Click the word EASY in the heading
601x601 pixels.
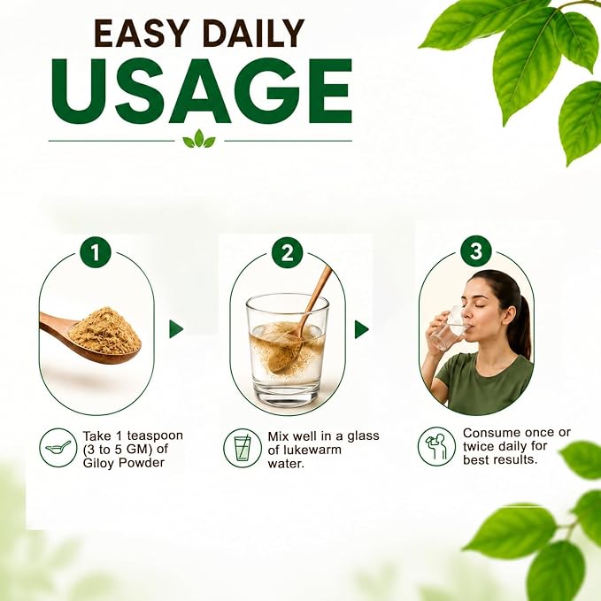[142, 33]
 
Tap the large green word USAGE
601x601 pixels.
[202, 91]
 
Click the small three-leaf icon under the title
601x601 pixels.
[199, 139]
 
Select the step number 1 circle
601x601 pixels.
[96, 252]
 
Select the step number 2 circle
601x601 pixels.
[287, 252]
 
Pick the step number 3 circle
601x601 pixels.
[476, 251]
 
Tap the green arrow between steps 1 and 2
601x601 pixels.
[176, 329]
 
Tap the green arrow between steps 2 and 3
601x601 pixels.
[361, 329]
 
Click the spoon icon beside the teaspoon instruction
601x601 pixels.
[58, 447]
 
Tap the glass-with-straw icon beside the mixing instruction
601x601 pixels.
[243, 448]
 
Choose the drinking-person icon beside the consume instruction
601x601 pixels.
[437, 446]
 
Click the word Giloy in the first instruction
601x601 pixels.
[99, 463]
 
